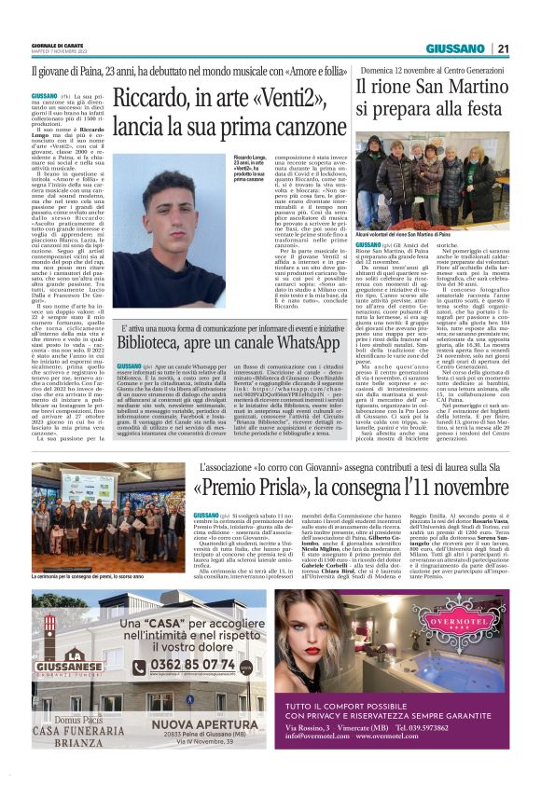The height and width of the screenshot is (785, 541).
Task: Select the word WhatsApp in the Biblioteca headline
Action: [x=301, y=342]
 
